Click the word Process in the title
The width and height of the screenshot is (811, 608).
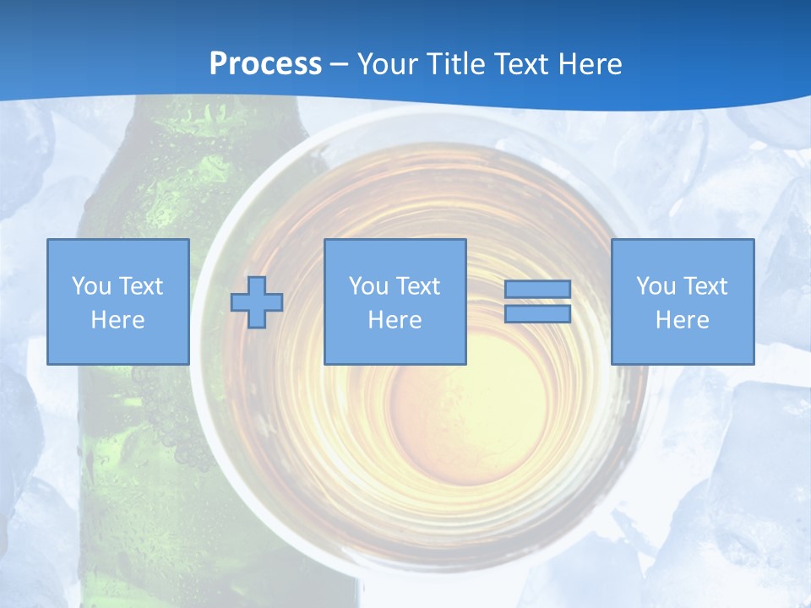coord(265,64)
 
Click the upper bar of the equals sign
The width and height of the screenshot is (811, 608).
coord(537,290)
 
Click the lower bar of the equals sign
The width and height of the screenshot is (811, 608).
coord(537,314)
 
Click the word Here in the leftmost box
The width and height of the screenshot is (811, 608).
coord(117,320)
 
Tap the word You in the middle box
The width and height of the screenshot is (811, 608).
coord(368,286)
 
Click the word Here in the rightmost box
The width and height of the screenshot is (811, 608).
coord(682,320)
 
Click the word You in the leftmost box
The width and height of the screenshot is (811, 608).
coord(91,286)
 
